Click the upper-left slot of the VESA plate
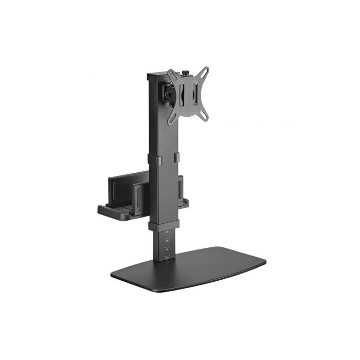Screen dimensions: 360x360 click(171, 74)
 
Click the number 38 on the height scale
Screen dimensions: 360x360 click(166, 232)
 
